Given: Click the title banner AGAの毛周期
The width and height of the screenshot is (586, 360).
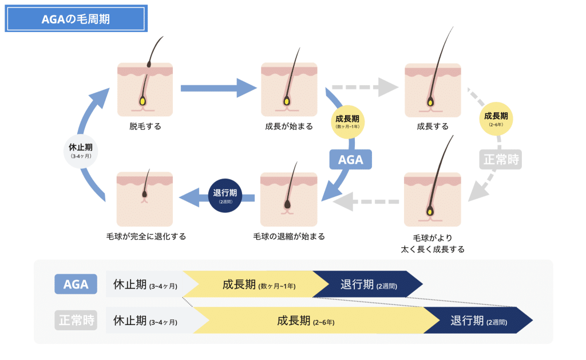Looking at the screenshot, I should click(76, 18).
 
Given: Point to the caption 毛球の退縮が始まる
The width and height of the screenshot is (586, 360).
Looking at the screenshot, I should click(289, 236).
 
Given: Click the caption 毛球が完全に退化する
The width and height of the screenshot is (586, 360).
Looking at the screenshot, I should click(145, 236).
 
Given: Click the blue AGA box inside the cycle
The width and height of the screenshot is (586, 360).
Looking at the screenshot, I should click(350, 160).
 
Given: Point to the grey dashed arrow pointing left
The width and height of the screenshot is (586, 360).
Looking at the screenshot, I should click(366, 202).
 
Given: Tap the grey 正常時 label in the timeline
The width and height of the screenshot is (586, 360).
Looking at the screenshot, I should click(76, 320).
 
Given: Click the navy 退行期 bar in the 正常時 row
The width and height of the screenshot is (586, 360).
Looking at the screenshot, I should click(478, 321).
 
